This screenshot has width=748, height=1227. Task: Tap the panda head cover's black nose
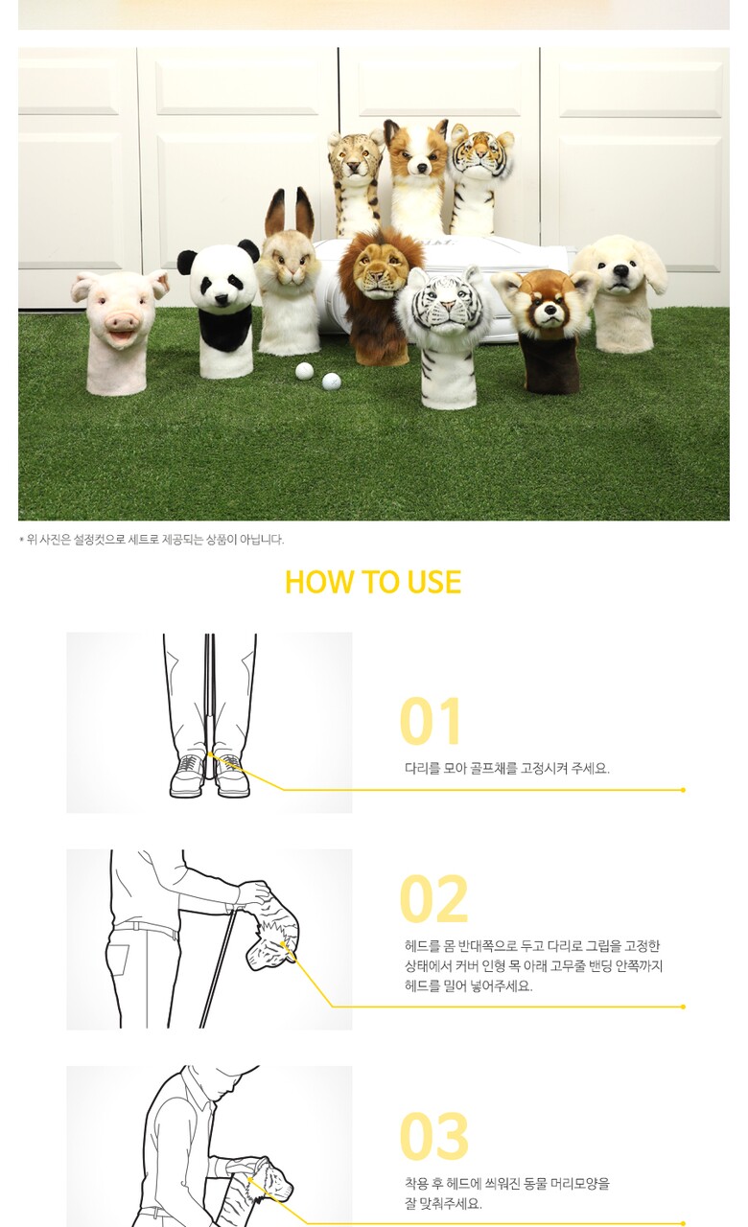(x=221, y=299)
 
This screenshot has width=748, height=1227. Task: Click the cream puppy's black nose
(x=620, y=270)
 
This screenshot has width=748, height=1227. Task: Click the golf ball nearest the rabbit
(x=304, y=371)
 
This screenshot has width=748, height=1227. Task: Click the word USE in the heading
(x=434, y=581)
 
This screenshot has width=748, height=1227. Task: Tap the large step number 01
(x=431, y=721)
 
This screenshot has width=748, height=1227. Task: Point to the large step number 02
(x=434, y=899)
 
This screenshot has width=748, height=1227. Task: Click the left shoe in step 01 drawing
(x=187, y=775)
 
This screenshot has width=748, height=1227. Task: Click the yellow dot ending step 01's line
(x=683, y=790)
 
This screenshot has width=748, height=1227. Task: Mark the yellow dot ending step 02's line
(x=683, y=1007)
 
